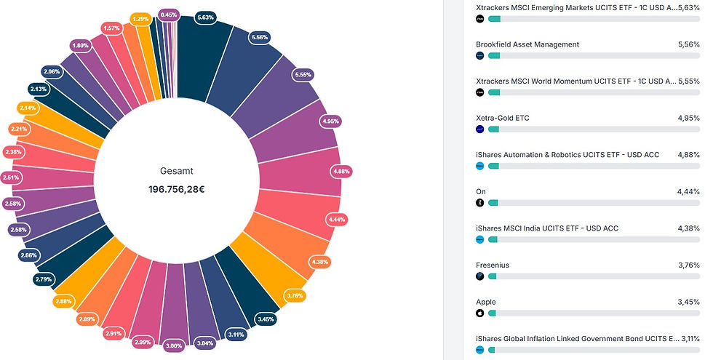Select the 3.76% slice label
tap(295, 295)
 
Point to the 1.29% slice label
tap(140, 18)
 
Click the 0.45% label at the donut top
tap(169, 15)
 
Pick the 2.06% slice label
tap(52, 72)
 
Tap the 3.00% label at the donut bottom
tap(174, 345)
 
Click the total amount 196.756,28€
tap(177, 189)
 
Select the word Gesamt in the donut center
tap(177, 171)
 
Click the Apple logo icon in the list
tap(479, 313)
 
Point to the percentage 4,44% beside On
tap(688, 192)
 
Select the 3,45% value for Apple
tap(688, 303)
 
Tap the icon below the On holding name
tap(479, 202)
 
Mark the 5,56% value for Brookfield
tap(688, 44)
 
